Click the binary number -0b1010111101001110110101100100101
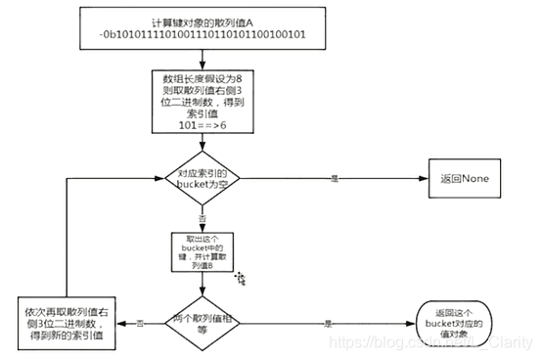click(x=201, y=37)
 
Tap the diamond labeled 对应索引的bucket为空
click(x=201, y=178)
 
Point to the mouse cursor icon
click(x=240, y=279)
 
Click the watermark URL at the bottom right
click(x=430, y=343)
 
